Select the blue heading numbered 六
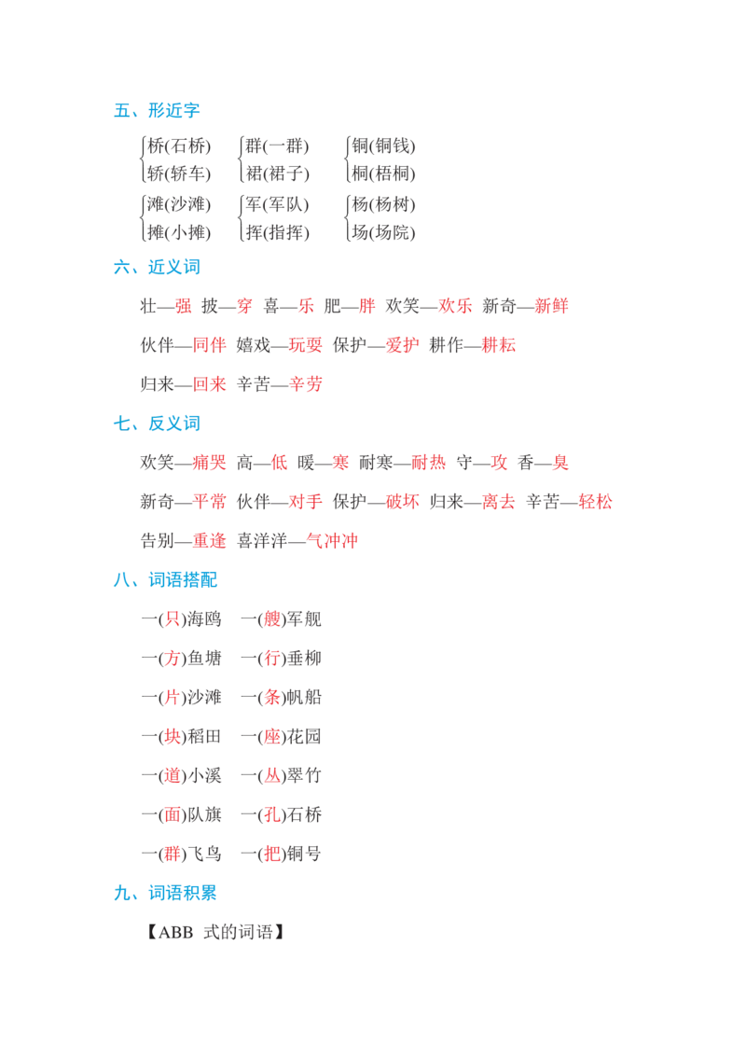pos(156,269)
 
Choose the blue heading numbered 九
pos(164,893)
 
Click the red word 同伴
pos(209,347)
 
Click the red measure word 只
pos(171,618)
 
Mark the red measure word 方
pos(171,658)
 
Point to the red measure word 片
pos(171,697)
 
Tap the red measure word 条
pos(272,697)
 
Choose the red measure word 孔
pos(272,814)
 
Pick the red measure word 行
pos(272,658)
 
